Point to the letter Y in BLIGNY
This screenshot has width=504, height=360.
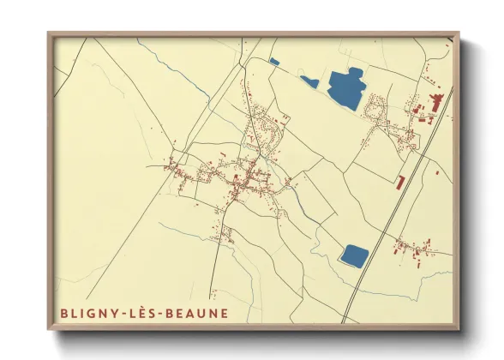pos(114,314)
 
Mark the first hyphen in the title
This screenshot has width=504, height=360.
pos(123,315)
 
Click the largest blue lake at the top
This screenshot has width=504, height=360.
pos(345,88)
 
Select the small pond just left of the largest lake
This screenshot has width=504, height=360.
pos(309,82)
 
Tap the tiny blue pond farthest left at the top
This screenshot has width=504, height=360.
pos(274,61)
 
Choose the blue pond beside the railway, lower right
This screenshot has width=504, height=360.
pos(354,255)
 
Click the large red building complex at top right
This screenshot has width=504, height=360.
pos(433,105)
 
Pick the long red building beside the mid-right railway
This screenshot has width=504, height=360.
pos(400,182)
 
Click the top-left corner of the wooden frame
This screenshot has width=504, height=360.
pos(48,33)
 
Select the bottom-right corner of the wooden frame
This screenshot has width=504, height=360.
pos(459,330)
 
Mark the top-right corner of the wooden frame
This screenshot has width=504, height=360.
pos(459,33)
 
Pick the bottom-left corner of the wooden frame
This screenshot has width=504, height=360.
pos(48,330)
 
